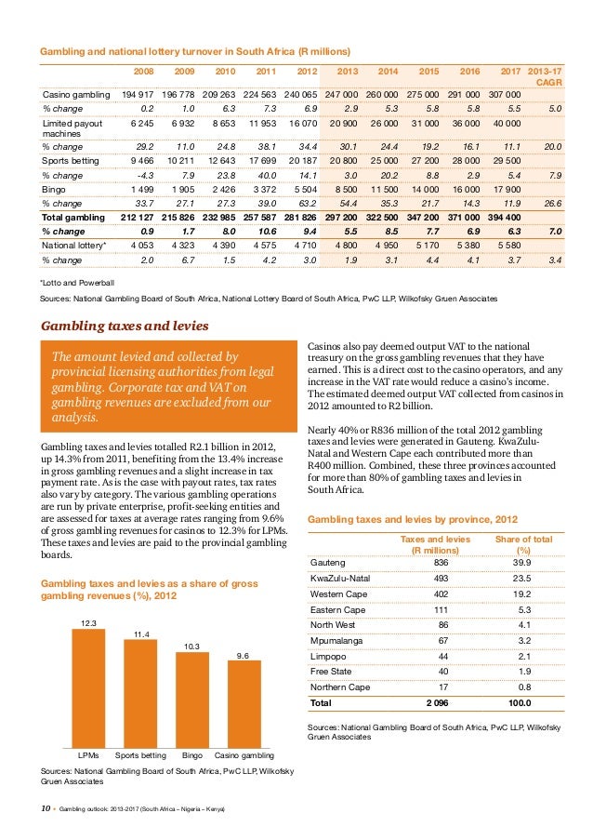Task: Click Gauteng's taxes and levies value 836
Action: coord(441,563)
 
